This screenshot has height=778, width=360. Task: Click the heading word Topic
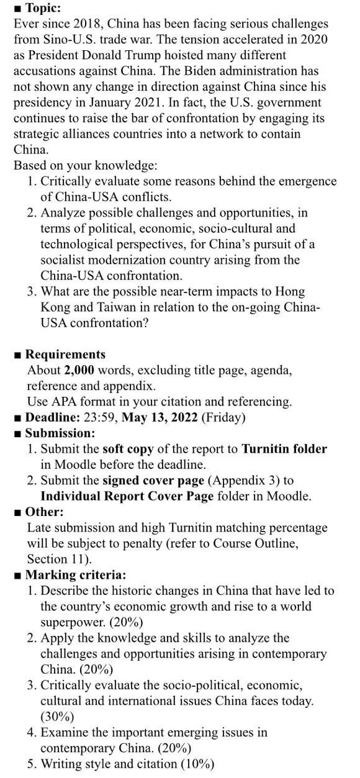42,9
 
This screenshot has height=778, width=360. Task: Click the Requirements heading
65,355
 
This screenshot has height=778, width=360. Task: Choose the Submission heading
60,433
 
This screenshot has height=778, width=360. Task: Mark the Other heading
44,512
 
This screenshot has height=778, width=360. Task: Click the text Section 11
58,559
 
